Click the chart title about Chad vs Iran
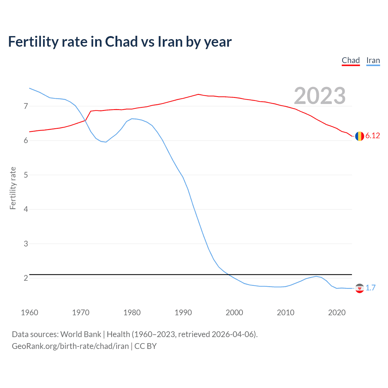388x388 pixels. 120,42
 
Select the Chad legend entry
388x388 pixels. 351,60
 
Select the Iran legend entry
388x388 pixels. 373,60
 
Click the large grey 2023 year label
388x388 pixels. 319,96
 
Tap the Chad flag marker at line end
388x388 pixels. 360,136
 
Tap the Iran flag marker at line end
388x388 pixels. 360,288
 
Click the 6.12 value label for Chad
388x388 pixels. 373,136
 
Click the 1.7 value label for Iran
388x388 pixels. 370,288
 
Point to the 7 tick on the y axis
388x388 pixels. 26,106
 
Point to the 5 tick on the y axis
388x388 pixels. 26,175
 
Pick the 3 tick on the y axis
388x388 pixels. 26,244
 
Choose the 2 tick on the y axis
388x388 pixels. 26,278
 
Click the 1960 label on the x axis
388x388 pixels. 29,313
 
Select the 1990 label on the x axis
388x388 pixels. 183,313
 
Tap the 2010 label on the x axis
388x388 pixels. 286,313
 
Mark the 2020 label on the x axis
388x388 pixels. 337,313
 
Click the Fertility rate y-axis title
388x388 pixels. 13,188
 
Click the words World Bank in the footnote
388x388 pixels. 81,334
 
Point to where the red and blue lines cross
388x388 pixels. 85,120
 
